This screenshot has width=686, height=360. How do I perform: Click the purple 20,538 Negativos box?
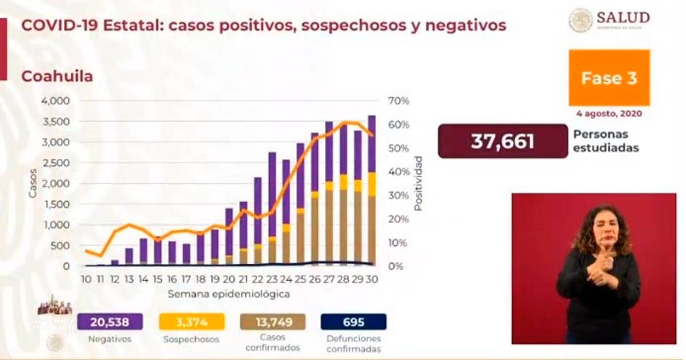110,322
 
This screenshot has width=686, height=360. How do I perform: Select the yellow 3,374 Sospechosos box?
191,322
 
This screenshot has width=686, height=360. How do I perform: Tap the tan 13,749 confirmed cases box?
273,322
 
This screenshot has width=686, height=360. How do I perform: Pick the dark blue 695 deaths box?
353,322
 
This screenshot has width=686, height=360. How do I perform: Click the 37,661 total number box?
502,141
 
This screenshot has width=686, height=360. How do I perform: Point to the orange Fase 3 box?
609,78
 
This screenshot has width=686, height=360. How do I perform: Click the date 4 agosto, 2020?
609,114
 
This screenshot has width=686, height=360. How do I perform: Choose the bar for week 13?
129,257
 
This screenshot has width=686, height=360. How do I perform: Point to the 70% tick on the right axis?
398,101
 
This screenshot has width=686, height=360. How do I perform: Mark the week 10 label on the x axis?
86,280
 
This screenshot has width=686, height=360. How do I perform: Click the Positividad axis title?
418,183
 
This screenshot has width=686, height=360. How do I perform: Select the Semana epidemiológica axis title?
229,295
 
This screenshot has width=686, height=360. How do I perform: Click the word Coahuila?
57,76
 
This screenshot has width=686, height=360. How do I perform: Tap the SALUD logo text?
623,17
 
